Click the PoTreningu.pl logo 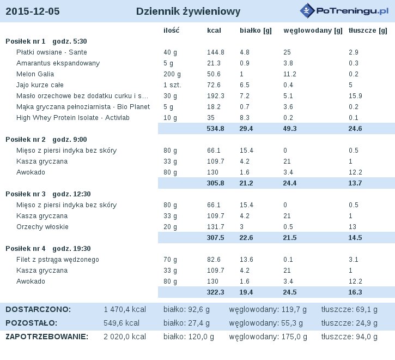point(344,11)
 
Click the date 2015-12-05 point(33,11)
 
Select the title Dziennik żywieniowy point(188,11)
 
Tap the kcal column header point(214,31)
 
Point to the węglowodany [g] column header point(313,31)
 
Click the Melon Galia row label point(35,74)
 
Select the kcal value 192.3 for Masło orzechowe point(216,96)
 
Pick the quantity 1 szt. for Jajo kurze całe point(172,85)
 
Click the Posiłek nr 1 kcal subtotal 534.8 point(215,129)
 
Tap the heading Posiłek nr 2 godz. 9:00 point(46,140)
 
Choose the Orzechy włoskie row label point(42,227)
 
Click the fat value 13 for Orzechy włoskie point(353,227)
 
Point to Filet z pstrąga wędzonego point(58,260)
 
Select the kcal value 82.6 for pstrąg point(214,260)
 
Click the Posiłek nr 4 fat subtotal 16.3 point(355,292)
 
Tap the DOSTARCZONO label point(38,309)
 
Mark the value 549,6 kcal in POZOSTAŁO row point(121,323)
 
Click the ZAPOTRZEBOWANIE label point(47,337)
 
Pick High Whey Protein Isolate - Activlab point(73,118)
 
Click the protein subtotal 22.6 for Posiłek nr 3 point(246,238)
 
